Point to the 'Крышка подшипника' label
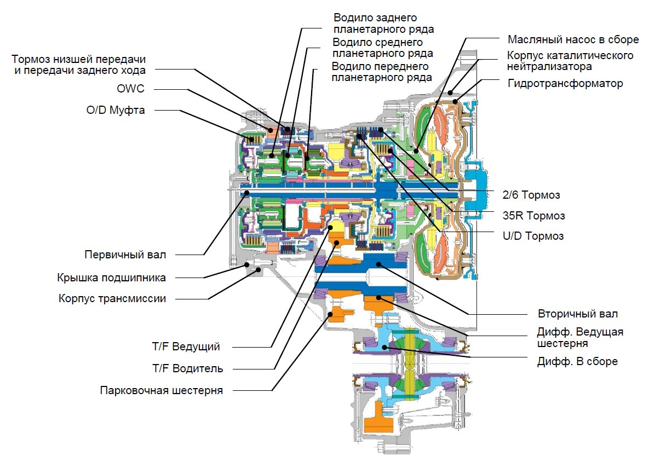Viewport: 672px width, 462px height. coord(111,277)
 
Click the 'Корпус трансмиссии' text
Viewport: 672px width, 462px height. coord(112,299)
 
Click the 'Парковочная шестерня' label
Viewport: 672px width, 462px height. coord(162,391)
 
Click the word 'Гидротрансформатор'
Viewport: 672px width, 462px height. coord(565,83)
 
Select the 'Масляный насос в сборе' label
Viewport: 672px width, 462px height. coord(573,39)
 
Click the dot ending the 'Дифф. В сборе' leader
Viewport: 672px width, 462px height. coord(385,347)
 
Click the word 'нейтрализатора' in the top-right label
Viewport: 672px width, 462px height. coord(549,67)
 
